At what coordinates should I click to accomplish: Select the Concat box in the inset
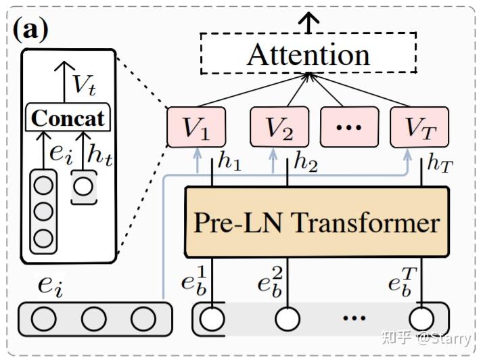pos(68,118)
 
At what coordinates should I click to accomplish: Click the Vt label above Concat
pos(85,84)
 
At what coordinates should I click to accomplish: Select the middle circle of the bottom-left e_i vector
pos(95,319)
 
